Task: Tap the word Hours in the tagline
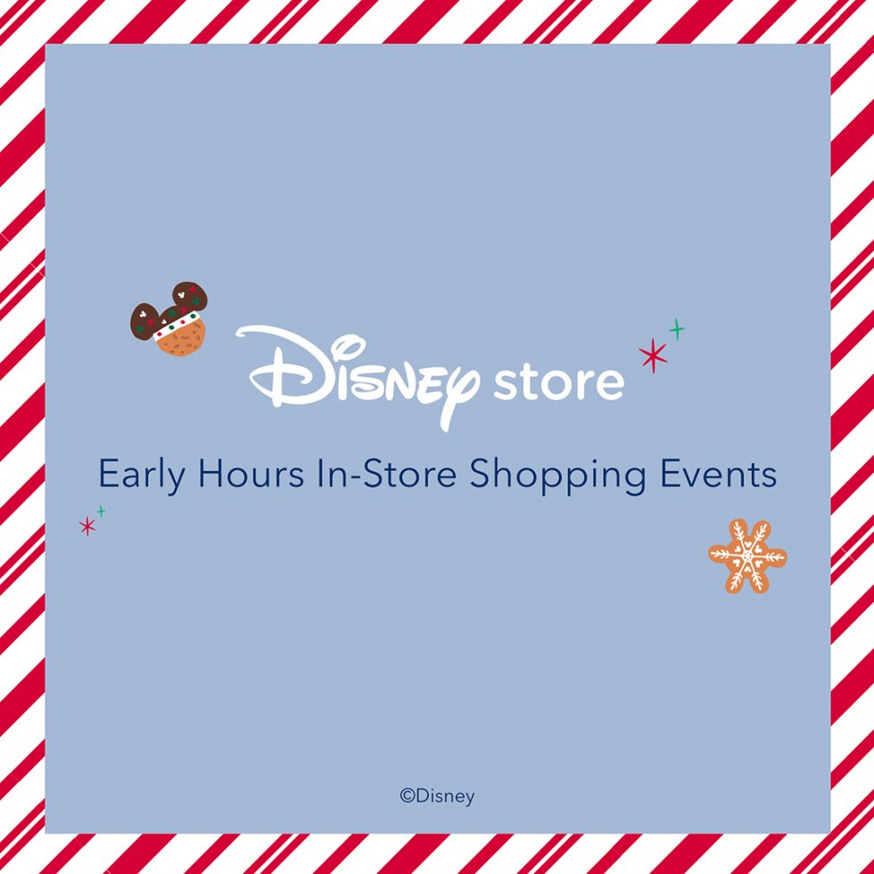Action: click(x=251, y=474)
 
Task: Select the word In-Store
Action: click(x=386, y=474)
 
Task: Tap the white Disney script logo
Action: click(x=357, y=374)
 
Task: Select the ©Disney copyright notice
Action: click(x=437, y=796)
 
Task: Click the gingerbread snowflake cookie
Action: click(x=747, y=557)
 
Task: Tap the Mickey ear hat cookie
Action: click(x=170, y=321)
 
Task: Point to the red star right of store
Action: click(x=653, y=355)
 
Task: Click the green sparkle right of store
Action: click(x=676, y=329)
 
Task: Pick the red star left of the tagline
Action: click(x=87, y=526)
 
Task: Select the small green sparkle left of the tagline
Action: click(x=101, y=510)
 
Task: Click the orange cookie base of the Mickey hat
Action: click(x=182, y=340)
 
